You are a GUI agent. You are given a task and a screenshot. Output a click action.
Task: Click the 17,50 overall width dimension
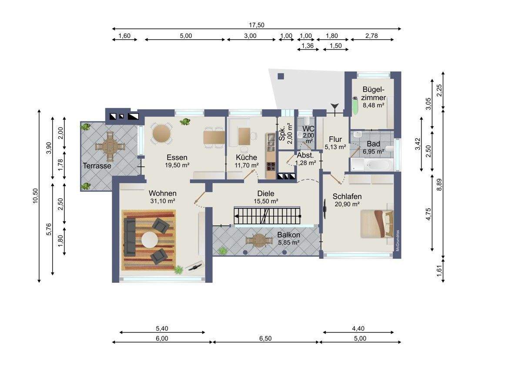tap(256, 25)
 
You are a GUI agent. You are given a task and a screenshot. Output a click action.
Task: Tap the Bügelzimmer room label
tap(373, 94)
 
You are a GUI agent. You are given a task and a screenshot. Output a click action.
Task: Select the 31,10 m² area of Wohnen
tap(162, 201)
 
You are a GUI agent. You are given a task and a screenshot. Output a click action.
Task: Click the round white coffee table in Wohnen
tap(150, 240)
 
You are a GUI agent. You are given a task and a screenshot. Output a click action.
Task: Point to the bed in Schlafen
tap(377, 224)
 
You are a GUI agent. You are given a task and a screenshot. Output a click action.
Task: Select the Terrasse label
tap(97, 166)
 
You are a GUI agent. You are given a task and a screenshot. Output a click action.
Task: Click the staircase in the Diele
tap(267, 215)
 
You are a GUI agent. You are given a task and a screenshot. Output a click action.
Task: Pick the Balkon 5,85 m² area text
tap(289, 243)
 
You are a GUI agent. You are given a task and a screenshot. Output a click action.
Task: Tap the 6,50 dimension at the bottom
tap(265, 338)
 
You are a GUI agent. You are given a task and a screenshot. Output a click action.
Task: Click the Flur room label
tap(335, 139)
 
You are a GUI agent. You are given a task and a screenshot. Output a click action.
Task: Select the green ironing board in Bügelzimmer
tap(355, 106)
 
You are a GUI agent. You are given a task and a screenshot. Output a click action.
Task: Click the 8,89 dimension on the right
tap(439, 184)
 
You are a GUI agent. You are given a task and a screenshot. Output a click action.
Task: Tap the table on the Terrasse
tap(110, 147)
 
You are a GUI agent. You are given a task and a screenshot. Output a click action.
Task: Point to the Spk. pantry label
tap(282, 133)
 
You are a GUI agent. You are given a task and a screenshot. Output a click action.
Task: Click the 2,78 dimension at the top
tap(371, 36)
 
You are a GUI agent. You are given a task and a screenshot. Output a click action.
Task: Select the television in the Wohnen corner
tap(195, 266)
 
